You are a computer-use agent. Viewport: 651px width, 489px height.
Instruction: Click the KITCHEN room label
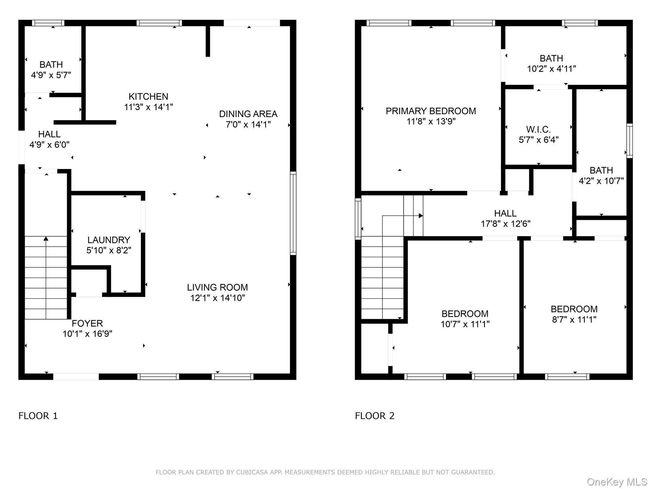(148, 96)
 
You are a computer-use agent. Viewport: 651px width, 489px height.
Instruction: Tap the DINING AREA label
(248, 114)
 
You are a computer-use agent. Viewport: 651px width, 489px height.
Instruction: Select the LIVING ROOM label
(217, 287)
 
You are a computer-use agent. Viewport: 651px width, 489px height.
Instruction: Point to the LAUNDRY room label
(109, 240)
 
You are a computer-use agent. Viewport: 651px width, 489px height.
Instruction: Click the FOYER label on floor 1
(87, 323)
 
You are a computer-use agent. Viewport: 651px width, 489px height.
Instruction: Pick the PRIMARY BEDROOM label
(431, 111)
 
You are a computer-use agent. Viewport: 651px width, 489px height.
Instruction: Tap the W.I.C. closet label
(538, 130)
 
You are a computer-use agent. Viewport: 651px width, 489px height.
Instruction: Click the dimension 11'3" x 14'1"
(148, 107)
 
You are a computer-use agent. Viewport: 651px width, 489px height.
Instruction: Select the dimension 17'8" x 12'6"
(505, 224)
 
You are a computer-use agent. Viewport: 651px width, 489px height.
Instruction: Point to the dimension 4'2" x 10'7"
(601, 181)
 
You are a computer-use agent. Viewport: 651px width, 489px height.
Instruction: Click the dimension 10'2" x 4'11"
(552, 69)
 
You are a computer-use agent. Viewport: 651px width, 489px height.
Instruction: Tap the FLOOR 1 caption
(38, 416)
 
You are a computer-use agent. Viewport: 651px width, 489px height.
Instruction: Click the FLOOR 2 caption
(374, 416)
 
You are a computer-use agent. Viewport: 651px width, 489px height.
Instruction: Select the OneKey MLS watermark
(617, 482)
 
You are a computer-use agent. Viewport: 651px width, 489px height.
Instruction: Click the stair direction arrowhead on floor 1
(46, 238)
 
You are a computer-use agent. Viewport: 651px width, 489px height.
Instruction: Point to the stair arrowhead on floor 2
(421, 216)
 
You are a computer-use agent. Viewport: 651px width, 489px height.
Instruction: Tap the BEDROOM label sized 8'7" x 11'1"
(574, 309)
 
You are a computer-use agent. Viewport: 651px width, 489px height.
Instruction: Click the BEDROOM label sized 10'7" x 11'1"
(465, 314)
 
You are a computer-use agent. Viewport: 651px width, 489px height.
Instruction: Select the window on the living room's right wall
(293, 213)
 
